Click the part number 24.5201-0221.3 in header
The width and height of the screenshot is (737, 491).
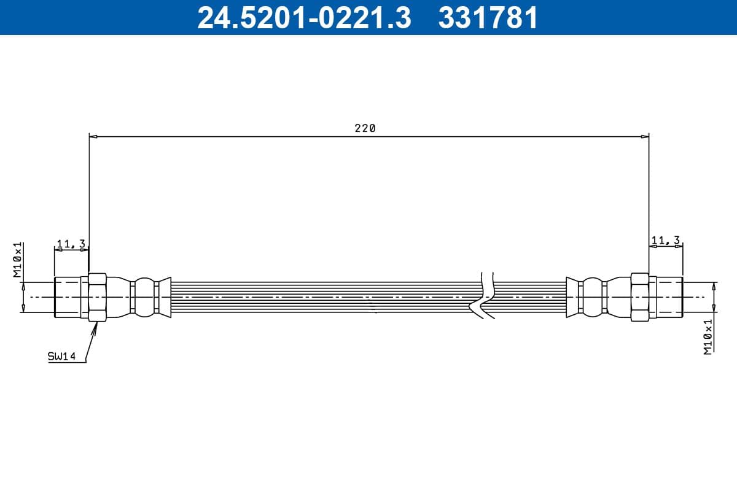coord(303,17)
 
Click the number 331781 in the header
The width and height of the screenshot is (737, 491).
coord(488,17)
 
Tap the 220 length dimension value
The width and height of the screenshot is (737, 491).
coord(364,128)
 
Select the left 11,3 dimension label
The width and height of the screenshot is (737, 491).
coord(71,244)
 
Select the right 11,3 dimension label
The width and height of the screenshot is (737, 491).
coord(666,240)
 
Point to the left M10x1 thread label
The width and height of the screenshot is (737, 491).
coord(18,260)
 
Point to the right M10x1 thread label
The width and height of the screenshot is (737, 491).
coord(708,336)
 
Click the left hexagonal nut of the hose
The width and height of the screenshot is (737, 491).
coord(98,297)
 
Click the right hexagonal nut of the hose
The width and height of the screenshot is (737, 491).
coord(640,297)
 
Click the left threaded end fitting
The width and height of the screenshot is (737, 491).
coord(68,297)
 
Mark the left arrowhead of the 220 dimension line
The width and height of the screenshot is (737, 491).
coord(93,136)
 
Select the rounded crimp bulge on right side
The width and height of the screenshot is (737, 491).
coord(592,297)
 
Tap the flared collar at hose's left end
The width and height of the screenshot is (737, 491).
coord(163,297)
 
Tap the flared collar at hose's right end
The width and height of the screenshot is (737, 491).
coord(572,297)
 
